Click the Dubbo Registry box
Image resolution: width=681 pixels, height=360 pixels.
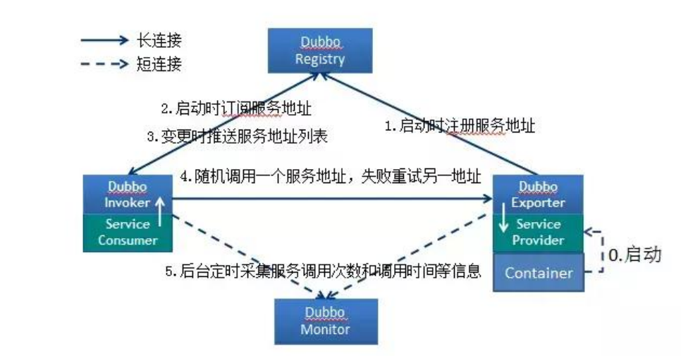click(x=319, y=51)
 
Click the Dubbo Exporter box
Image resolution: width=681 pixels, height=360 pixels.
click(x=539, y=195)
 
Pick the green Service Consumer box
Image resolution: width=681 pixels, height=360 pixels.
click(x=127, y=232)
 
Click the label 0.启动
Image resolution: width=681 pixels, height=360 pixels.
click(x=636, y=254)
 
